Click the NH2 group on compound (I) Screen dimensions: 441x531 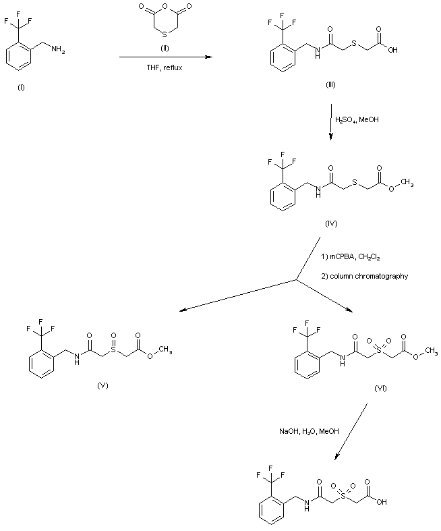58,50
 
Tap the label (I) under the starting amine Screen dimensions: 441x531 21,88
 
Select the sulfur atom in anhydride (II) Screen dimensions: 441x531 165,34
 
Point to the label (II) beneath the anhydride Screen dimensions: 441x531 165,48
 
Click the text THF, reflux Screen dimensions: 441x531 164,67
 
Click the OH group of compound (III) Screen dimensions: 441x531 392,50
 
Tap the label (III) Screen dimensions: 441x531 330,84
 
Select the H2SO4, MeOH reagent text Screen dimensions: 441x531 357,119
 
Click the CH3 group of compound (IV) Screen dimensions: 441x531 407,184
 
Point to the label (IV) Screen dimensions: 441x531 331,223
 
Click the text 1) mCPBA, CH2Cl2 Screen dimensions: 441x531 350,257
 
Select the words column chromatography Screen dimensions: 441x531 369,276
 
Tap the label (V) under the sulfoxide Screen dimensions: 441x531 102,385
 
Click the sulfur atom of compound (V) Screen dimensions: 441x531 113,350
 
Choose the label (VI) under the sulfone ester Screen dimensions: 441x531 380,388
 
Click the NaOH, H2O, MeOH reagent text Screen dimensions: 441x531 309,431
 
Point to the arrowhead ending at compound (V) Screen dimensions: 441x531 183,310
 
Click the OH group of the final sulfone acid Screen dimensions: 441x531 382,502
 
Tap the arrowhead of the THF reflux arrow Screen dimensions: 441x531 208,57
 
